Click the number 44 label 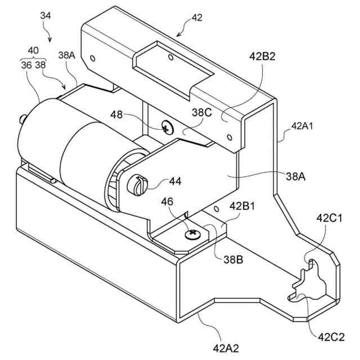click(175, 182)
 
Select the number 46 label click(168, 201)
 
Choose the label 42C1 click(331, 218)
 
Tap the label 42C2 click(331, 338)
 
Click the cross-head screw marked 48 click(167, 127)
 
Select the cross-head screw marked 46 click(194, 232)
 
